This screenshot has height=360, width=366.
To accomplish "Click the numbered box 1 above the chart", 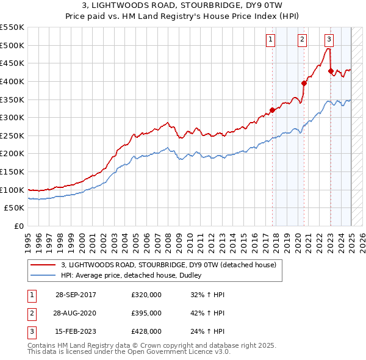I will pos(270,40).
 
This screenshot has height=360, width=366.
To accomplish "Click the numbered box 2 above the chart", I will pos(302,40).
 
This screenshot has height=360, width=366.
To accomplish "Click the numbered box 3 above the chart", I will pos(329,40).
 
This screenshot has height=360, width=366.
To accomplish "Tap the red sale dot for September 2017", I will pos(273,110).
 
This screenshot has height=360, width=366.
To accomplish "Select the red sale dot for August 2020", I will pos(304,84).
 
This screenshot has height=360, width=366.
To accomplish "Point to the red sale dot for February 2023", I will pos(331,71).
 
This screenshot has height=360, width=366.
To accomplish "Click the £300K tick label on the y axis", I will pos(12,117).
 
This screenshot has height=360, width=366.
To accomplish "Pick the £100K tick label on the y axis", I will pos(12,190).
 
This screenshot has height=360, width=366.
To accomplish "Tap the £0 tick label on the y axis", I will pos(18,226).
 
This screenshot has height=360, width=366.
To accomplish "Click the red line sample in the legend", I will pos(43,265).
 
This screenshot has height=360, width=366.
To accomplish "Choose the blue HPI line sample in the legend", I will pos(43,275).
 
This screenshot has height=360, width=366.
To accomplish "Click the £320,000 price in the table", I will pos(146,295).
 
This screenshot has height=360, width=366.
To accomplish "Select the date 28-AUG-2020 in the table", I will pos(76,313).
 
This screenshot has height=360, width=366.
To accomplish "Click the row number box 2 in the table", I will pos(30,313).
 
